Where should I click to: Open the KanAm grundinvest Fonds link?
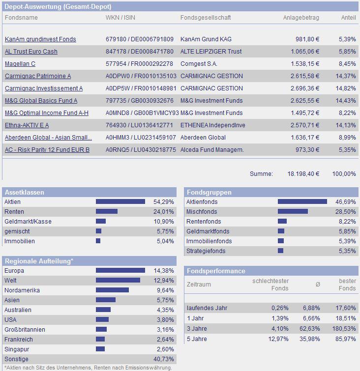coord(40,39)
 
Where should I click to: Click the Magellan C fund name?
coord(20,64)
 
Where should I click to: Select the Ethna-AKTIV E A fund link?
coord(27,125)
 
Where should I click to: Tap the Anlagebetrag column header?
coord(301,18)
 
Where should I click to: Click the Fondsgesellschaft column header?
coord(206,18)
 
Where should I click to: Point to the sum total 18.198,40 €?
coord(303,174)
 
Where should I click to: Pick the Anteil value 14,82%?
coord(346,88)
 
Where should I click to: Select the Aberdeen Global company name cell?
coord(203,138)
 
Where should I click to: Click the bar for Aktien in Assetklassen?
coord(120,201)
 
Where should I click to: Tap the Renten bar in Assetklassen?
coord(107,211)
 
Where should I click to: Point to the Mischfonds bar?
coord(293,211)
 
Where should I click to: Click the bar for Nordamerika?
coord(112,290)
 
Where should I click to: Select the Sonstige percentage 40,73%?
coord(164,359)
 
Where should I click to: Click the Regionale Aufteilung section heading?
coord(39,261)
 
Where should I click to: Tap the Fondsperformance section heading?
coord(216,271)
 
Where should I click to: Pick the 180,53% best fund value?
coord(344,329)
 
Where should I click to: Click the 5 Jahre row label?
coord(197,339)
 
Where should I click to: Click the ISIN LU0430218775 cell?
coord(141,150)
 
